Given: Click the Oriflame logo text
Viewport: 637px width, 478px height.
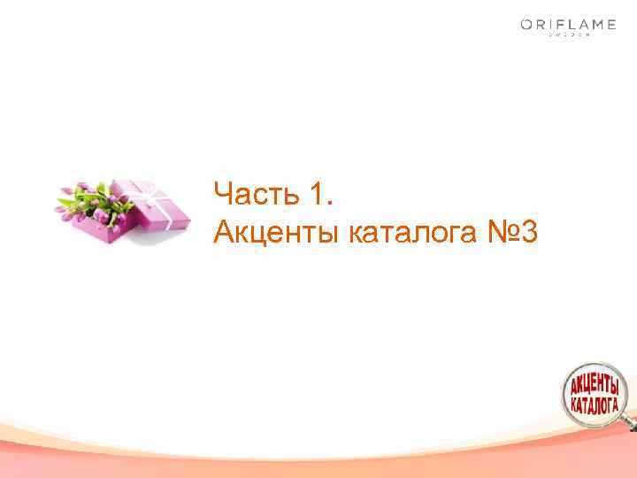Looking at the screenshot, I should point(567,25).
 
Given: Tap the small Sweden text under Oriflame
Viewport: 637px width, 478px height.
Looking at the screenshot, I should point(567,36).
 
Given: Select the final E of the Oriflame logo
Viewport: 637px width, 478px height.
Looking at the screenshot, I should point(610,25).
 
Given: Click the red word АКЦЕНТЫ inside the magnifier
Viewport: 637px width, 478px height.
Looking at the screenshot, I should point(594,385).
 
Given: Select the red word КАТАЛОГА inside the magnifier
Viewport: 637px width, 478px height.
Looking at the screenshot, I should point(594,404).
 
